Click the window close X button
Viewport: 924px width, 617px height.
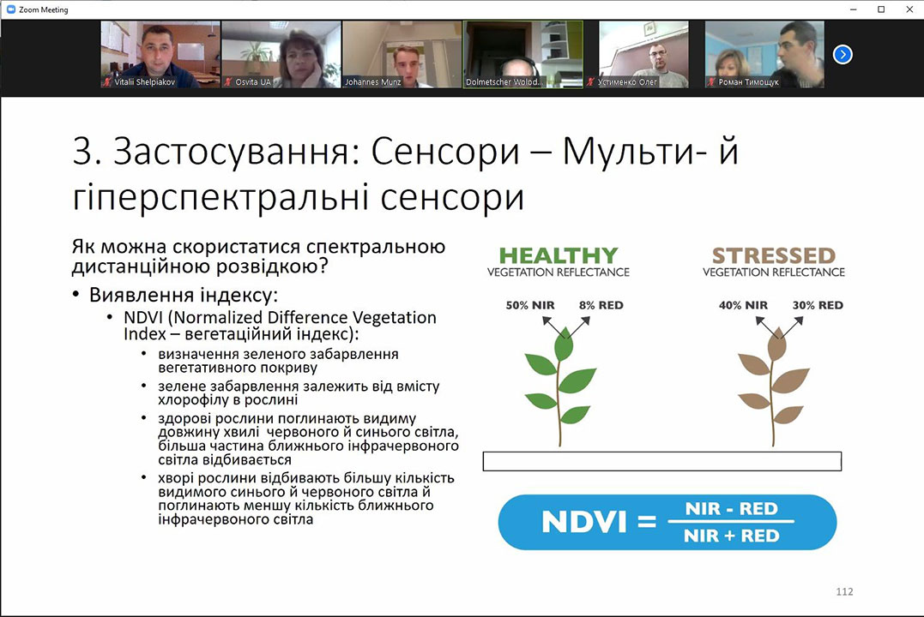pyautogui.click(x=909, y=9)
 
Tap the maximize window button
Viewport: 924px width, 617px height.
pyautogui.click(x=881, y=9)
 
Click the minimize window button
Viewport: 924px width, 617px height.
pyautogui.click(x=853, y=9)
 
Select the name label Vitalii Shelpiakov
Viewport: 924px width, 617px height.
pyautogui.click(x=144, y=82)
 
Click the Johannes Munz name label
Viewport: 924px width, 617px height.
pyautogui.click(x=373, y=82)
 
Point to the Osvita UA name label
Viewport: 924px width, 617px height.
pyautogui.click(x=253, y=82)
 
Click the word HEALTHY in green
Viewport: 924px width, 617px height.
pyautogui.click(x=558, y=255)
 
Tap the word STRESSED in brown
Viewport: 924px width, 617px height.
pyautogui.click(x=774, y=255)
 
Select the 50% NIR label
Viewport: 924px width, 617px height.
pyautogui.click(x=529, y=305)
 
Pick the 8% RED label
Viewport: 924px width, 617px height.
pyautogui.click(x=601, y=305)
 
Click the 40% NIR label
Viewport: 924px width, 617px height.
pyautogui.click(x=743, y=305)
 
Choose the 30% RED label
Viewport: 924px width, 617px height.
pyautogui.click(x=818, y=305)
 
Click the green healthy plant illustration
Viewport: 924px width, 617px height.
pyautogui.click(x=560, y=386)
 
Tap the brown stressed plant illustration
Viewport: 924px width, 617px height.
pyautogui.click(x=773, y=386)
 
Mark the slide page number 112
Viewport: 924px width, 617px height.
pyautogui.click(x=844, y=591)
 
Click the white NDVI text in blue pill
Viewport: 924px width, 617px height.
pyautogui.click(x=583, y=522)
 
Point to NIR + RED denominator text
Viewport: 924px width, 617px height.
pyautogui.click(x=731, y=536)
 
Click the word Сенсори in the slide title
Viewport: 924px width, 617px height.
pyautogui.click(x=445, y=152)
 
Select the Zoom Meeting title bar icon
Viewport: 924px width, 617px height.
pyautogui.click(x=10, y=9)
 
